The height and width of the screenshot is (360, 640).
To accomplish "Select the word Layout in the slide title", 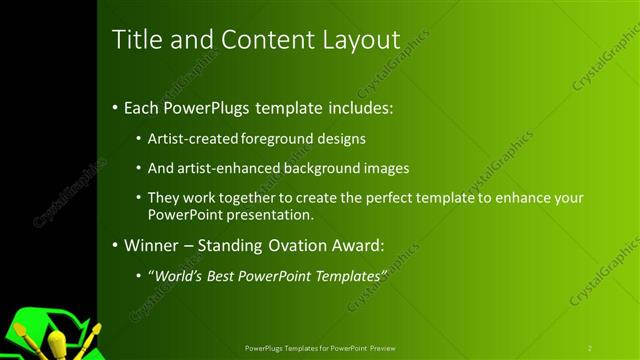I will pyautogui.click(x=357, y=40).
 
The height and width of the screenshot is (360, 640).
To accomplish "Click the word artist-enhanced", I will pyautogui.click(x=229, y=168).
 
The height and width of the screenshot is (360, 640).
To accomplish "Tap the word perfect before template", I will pyautogui.click(x=407, y=198).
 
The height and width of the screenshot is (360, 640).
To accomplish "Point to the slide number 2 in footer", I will pyautogui.click(x=590, y=347).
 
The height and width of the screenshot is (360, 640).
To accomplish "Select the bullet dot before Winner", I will pyautogui.click(x=115, y=245).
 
